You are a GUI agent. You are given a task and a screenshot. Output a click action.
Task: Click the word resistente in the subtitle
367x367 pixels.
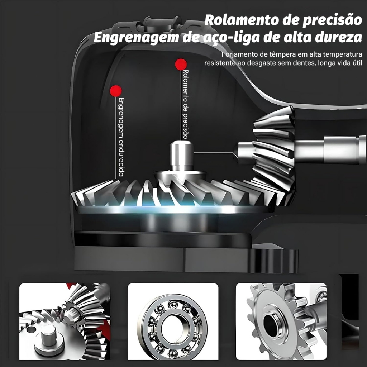click(x=220, y=63)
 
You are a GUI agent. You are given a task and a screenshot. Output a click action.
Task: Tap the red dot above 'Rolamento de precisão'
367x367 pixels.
click(x=181, y=65)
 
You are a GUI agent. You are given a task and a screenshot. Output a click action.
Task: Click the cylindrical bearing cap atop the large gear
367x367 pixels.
click(x=182, y=156)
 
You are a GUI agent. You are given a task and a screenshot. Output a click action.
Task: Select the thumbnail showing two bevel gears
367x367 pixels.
click(x=65, y=321)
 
